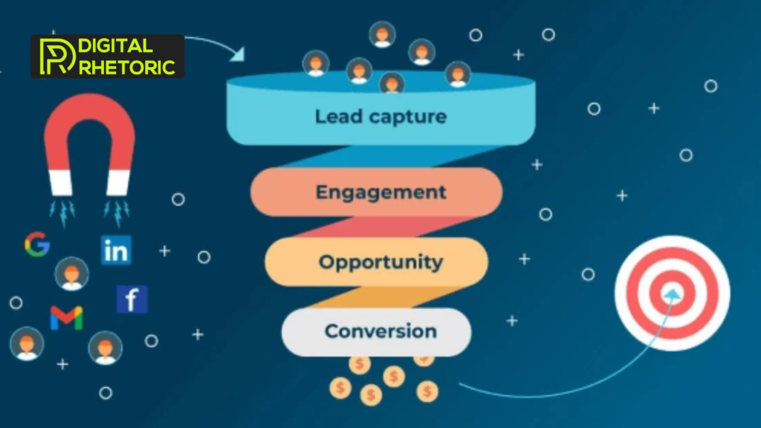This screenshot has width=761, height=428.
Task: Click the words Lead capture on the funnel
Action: click(380, 117)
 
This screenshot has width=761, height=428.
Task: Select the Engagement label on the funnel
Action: click(380, 192)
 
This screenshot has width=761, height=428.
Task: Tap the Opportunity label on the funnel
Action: click(380, 262)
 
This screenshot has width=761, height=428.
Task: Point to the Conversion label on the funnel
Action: click(380, 331)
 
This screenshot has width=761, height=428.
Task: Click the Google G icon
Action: click(36, 244)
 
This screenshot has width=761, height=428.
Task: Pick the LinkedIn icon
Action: click(116, 250)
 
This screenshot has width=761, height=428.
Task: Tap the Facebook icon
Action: click(132, 299)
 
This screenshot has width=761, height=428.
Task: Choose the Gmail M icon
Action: click(66, 317)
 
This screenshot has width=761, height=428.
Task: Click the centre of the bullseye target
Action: click(672, 294)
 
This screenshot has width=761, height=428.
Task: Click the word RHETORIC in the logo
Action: click(126, 66)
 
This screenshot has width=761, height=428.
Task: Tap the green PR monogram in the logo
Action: click(56, 56)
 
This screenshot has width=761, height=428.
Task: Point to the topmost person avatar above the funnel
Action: click(382, 34)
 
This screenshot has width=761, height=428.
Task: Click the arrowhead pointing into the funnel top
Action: click(238, 55)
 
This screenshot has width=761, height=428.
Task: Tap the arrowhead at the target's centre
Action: click(673, 294)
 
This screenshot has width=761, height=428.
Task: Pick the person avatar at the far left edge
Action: click(27, 344)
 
